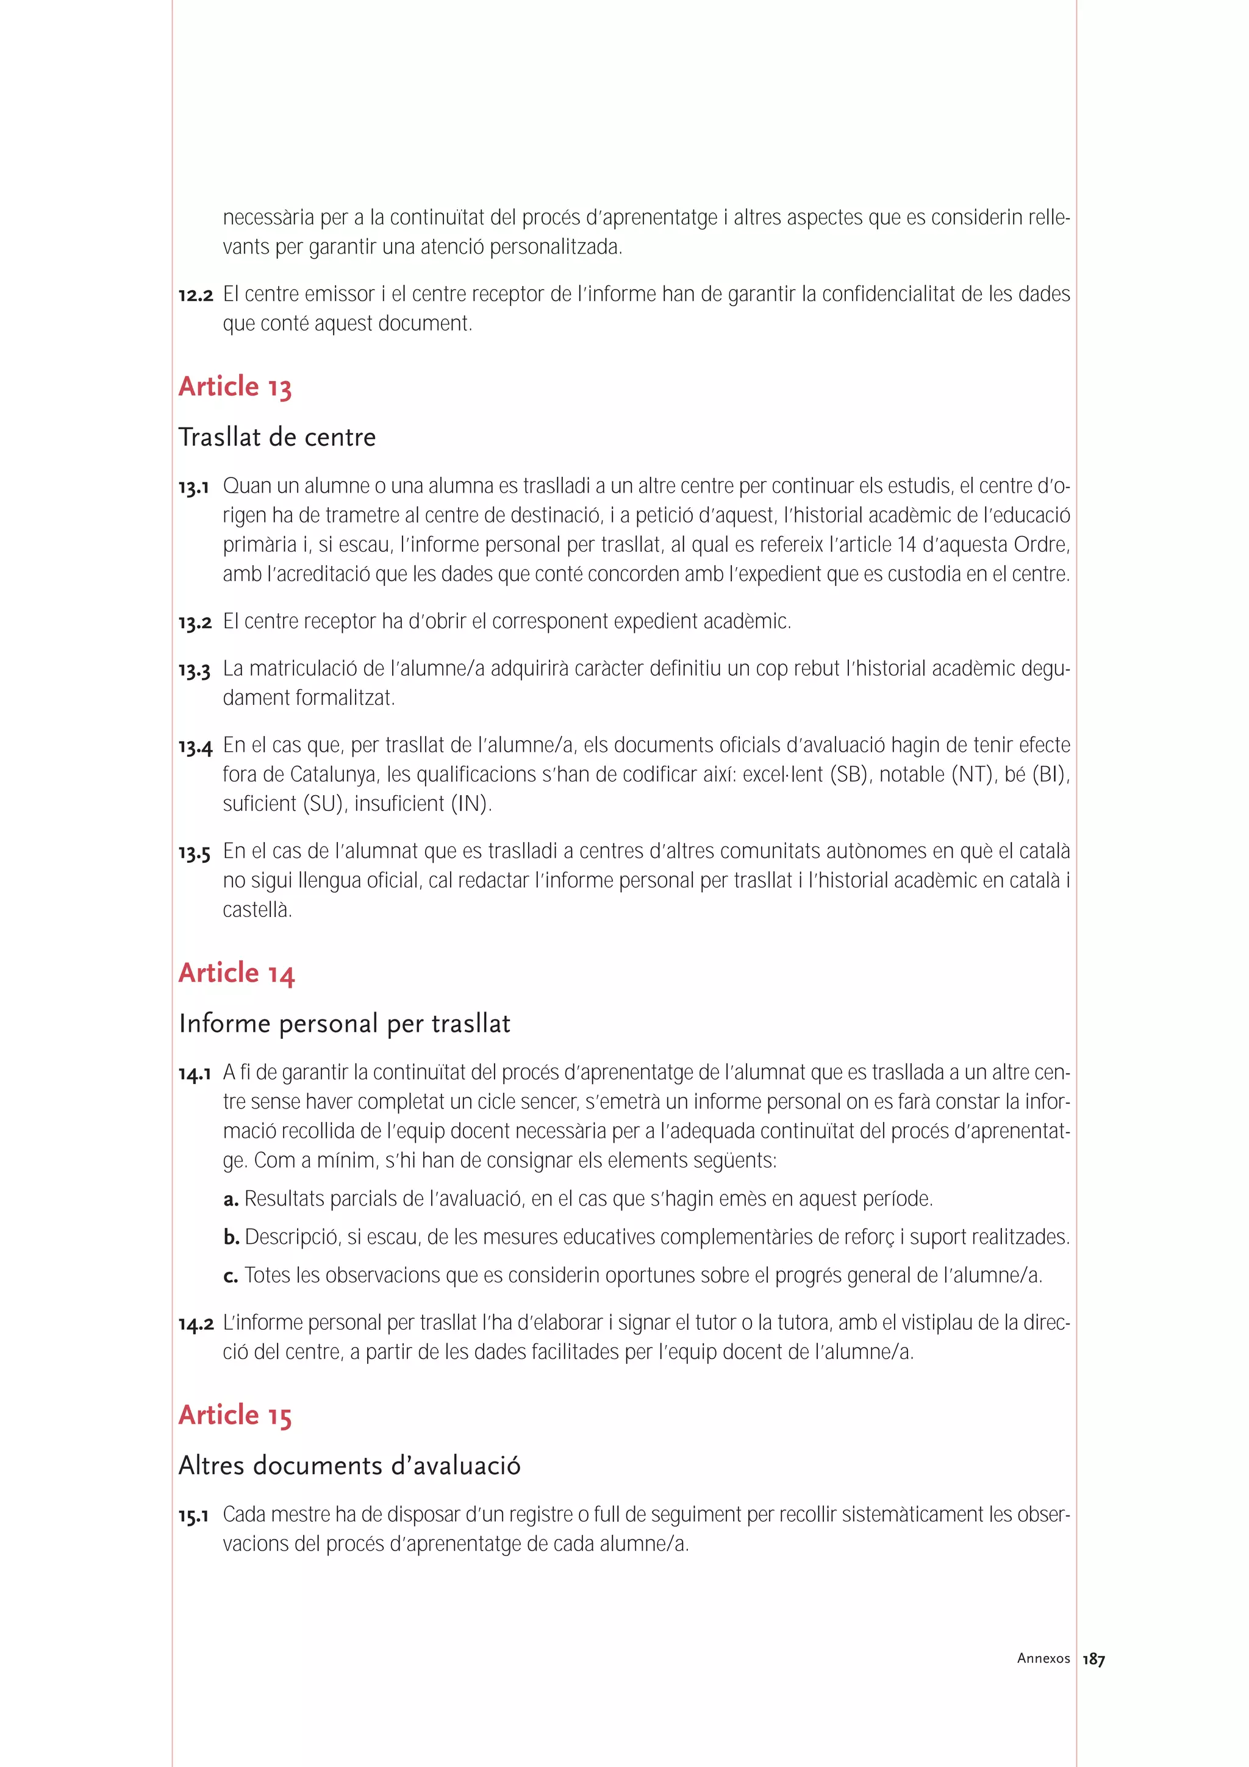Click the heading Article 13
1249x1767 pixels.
(x=235, y=387)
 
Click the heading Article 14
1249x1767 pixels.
(x=236, y=973)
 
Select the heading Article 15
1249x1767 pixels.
(x=235, y=1415)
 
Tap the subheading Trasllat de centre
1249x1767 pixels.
(x=277, y=437)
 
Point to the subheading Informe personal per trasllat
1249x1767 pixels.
(x=344, y=1024)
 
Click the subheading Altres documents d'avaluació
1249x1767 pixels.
(x=349, y=1465)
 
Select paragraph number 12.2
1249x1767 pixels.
(x=196, y=294)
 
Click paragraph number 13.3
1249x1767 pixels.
(x=195, y=670)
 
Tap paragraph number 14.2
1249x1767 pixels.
(x=196, y=1324)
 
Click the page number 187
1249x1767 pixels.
(x=1093, y=1660)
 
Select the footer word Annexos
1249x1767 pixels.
(x=1043, y=1658)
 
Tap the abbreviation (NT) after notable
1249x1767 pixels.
(x=971, y=775)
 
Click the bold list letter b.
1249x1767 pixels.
(x=232, y=1238)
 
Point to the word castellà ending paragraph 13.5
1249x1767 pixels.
(x=257, y=910)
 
